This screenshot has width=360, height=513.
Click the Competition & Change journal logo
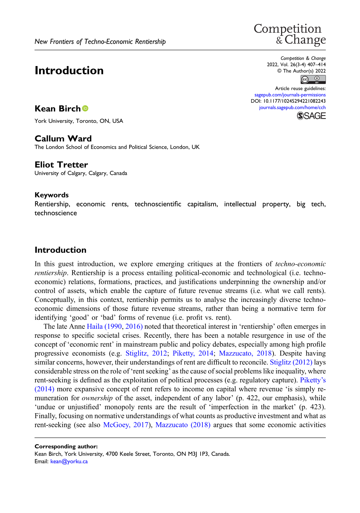(290, 34)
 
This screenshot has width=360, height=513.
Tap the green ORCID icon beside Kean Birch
(85, 108)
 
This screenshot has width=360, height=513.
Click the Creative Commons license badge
(313, 80)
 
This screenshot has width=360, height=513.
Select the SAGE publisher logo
(311, 116)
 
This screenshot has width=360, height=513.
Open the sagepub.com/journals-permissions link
(290, 95)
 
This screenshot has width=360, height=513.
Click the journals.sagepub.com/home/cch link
(292, 107)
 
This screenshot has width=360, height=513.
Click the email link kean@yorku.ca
(69, 462)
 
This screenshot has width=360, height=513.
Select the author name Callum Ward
(63, 139)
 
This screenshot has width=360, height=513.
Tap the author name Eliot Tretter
(61, 165)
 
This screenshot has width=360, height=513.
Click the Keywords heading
(51, 195)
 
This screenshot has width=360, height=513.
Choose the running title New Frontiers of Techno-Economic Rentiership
(100, 42)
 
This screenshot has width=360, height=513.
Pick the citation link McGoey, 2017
(126, 425)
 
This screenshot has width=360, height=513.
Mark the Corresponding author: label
(66, 447)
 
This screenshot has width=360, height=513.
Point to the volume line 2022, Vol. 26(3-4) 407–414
(296, 65)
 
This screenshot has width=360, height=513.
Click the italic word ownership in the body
(97, 398)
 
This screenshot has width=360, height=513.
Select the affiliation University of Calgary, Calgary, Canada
(81, 173)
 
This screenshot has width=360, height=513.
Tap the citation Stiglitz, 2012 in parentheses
(146, 353)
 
